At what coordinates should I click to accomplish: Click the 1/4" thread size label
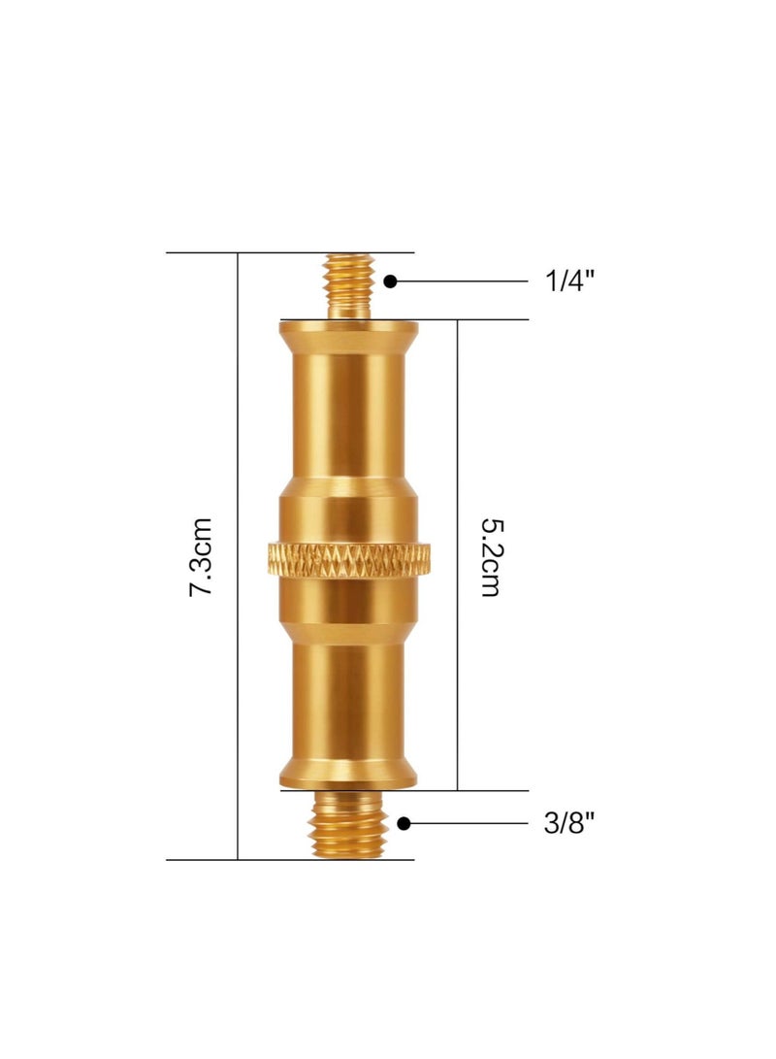click(568, 281)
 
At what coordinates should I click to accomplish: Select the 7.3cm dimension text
click(201, 556)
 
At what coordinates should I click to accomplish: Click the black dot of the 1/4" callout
click(390, 281)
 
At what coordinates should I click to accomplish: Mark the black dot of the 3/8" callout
click(404, 823)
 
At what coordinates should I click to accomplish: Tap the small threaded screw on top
click(349, 285)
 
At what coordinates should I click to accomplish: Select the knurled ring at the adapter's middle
click(349, 560)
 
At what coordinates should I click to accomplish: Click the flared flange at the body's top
click(349, 335)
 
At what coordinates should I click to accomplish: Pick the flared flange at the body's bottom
click(349, 775)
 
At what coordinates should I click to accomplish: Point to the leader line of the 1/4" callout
click(466, 281)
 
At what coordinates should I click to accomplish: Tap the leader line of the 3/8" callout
click(470, 823)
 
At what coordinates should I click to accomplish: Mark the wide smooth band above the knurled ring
click(349, 514)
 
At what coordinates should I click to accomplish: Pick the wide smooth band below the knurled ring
click(349, 602)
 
